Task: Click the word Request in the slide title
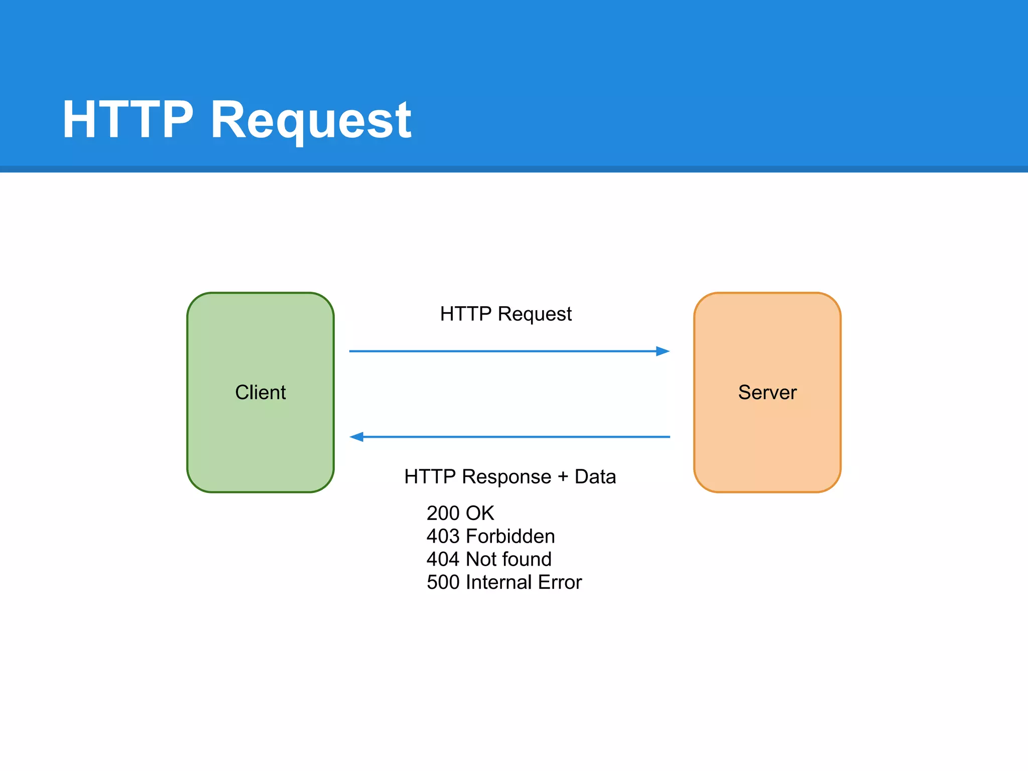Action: pos(311,120)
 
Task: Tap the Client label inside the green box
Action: pos(260,392)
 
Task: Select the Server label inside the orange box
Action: pos(767,392)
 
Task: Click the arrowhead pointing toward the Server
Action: pos(663,351)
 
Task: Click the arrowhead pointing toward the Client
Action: pos(357,437)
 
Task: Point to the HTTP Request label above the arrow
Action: pos(505,314)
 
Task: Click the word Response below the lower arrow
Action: pos(506,477)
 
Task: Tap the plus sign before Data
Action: pos(563,477)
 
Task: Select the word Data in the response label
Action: pos(595,476)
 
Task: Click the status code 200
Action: pos(443,513)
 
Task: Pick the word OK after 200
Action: pos(480,513)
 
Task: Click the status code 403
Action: pos(443,536)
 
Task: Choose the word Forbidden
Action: pos(510,536)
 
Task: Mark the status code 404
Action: pos(443,559)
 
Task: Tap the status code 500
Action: pos(443,582)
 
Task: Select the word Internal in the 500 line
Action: pos(498,582)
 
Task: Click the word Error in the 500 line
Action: pos(560,582)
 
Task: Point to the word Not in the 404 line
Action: pos(480,559)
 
